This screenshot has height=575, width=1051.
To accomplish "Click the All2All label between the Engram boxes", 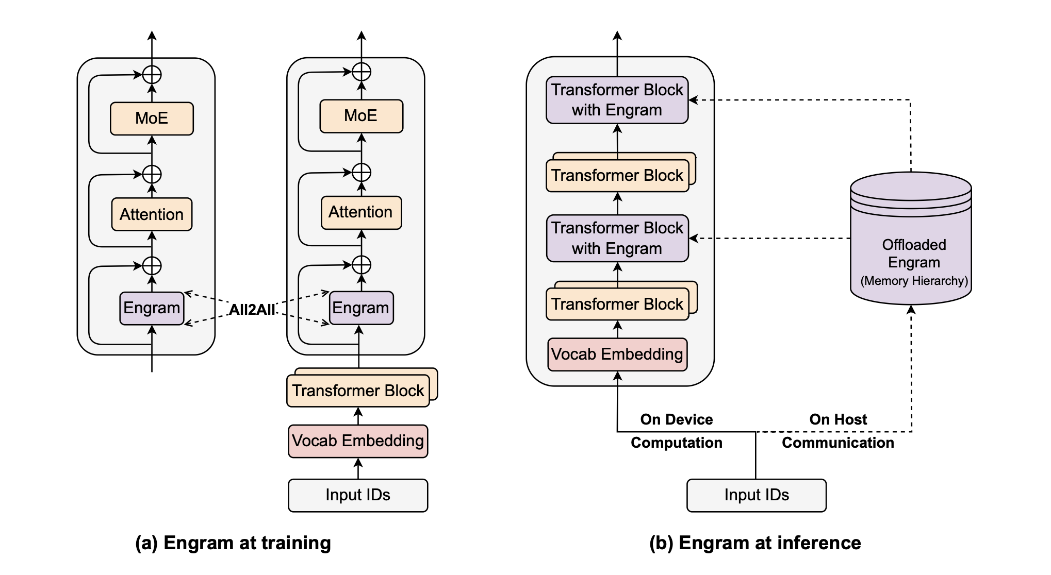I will pos(252,309).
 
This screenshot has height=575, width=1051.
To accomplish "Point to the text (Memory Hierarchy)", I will pos(914,281).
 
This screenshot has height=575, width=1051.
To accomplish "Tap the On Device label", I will pos(676,419).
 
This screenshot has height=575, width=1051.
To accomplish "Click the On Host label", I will pos(838,419).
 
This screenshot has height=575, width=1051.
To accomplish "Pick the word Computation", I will pos(676,443).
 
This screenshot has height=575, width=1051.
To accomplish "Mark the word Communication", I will pos(838,443).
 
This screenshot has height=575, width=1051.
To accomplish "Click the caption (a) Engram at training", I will pos(233,543).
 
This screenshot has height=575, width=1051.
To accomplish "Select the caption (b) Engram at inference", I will pos(755,543).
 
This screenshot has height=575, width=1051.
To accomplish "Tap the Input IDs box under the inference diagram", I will pos(756,495).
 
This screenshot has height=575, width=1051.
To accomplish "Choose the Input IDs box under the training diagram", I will pos(358,495).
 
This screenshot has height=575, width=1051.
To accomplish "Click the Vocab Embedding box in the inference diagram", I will pos(617,354).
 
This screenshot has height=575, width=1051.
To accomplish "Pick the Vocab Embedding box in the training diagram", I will pos(358,441).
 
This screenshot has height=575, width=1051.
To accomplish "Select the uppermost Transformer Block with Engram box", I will pos(617,100).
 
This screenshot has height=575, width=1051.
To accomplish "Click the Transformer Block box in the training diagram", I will pos(358,391).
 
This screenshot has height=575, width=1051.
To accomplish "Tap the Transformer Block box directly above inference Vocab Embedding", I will pos(617,304).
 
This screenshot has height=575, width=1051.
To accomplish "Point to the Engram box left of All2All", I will pos(152,308).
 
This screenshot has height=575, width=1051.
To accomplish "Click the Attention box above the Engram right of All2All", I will pos(361,212).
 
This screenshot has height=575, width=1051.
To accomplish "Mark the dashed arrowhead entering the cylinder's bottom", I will pos(911,309).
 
